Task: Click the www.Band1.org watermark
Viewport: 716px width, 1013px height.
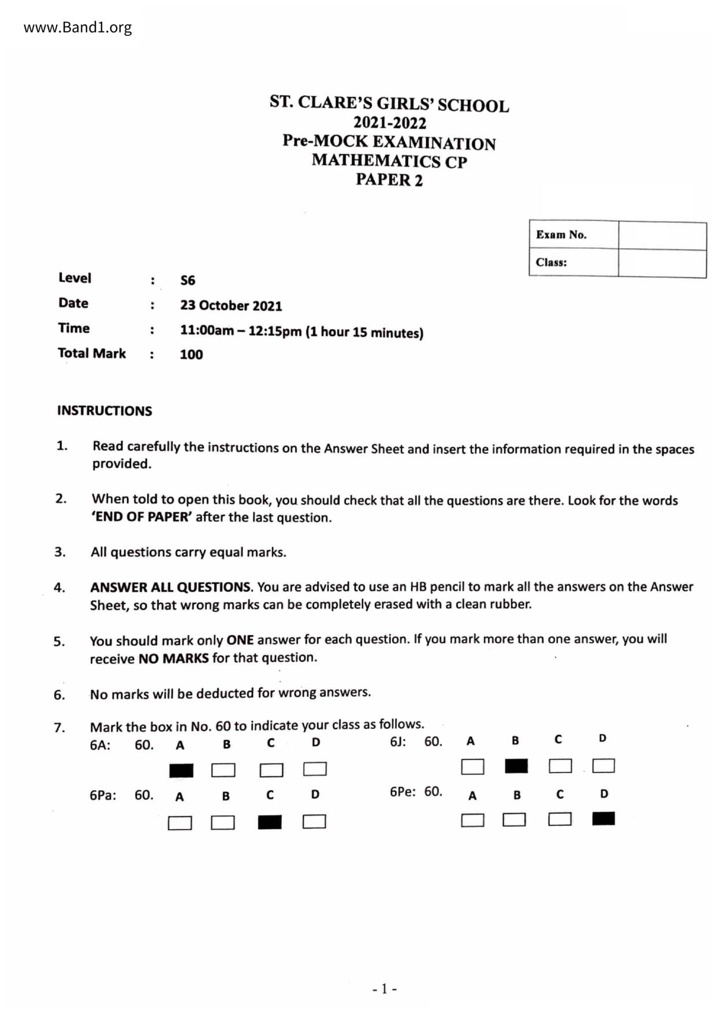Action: pyautogui.click(x=77, y=27)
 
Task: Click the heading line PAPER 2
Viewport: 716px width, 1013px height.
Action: pyautogui.click(x=389, y=180)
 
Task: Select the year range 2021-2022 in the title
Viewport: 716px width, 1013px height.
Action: pyautogui.click(x=390, y=123)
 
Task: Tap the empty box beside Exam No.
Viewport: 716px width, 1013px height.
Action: pyautogui.click(x=662, y=235)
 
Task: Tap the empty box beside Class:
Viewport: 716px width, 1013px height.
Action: pyautogui.click(x=662, y=263)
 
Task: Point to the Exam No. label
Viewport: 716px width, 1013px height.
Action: pyautogui.click(x=561, y=234)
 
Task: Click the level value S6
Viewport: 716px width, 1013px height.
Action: pyautogui.click(x=188, y=281)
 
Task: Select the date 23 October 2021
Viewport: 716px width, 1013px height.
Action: pyautogui.click(x=231, y=306)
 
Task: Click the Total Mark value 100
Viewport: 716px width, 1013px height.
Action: pyautogui.click(x=191, y=355)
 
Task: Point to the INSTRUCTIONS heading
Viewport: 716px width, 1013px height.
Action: pyautogui.click(x=105, y=411)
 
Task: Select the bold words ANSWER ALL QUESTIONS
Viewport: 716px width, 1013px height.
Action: pyautogui.click(x=171, y=587)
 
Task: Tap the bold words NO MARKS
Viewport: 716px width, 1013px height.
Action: pyautogui.click(x=173, y=658)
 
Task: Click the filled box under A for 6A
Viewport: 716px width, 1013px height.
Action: pyautogui.click(x=181, y=770)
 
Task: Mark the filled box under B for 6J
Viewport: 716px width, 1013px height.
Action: pyautogui.click(x=516, y=766)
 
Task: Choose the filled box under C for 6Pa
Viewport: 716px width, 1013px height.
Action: pyautogui.click(x=270, y=822)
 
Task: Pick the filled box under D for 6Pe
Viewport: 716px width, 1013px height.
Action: pyautogui.click(x=603, y=818)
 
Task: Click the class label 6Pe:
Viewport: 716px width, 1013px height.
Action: pyautogui.click(x=402, y=792)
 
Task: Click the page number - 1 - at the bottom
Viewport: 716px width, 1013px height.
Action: pyautogui.click(x=385, y=989)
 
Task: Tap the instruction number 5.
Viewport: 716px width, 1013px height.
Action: pyautogui.click(x=59, y=642)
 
